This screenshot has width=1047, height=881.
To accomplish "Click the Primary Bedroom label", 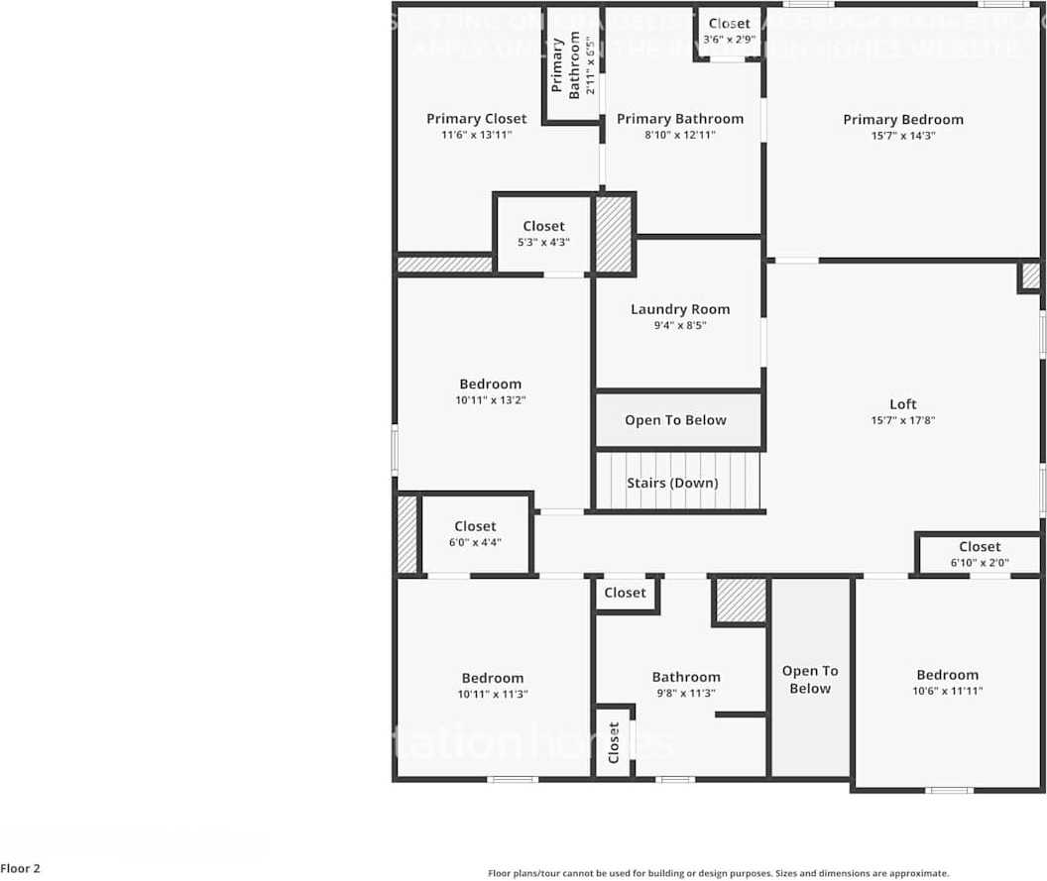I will point(902,120).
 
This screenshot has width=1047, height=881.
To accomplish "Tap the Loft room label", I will point(902,404).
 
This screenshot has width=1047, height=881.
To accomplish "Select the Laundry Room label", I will point(680,309).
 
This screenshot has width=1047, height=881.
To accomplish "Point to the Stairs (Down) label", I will point(672,484).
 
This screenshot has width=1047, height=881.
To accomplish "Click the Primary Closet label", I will point(476,119).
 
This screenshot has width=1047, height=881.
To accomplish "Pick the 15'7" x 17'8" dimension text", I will point(902,420).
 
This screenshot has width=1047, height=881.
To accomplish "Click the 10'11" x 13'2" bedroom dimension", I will point(490,400).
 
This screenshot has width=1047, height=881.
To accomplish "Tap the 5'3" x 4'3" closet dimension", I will point(543,242).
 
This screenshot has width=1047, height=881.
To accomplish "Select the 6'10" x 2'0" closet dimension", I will point(980,563).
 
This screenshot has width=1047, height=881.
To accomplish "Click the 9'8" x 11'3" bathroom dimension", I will point(686,694).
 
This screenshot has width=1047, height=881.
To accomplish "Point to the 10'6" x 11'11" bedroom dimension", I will point(947,691).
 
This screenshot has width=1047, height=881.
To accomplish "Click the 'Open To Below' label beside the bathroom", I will point(810,680).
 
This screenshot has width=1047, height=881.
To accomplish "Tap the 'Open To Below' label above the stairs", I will point(675,420).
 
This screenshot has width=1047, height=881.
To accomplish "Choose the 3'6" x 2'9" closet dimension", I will point(729,40).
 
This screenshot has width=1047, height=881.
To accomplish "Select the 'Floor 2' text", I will point(21,869).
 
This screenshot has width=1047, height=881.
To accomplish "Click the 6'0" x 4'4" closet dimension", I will point(475,542).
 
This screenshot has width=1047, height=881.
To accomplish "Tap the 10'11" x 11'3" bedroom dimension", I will point(492,695).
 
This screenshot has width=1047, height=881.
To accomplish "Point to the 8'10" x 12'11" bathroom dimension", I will point(679,135).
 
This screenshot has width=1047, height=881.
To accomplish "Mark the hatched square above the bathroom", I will point(741,601).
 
